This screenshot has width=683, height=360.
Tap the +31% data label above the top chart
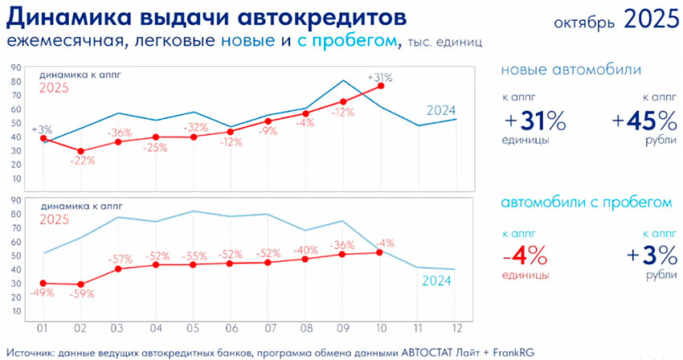[x=379, y=78]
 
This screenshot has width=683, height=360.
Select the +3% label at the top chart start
[x=41, y=128]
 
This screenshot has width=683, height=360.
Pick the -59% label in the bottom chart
[x=83, y=294]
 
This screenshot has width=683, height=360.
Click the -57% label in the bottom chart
[x=121, y=259]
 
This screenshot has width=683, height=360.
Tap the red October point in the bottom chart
[x=378, y=252]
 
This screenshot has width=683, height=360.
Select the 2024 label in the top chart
[x=441, y=110]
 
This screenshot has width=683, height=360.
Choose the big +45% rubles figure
[x=644, y=121]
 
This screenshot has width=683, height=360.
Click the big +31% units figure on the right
[x=535, y=121]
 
